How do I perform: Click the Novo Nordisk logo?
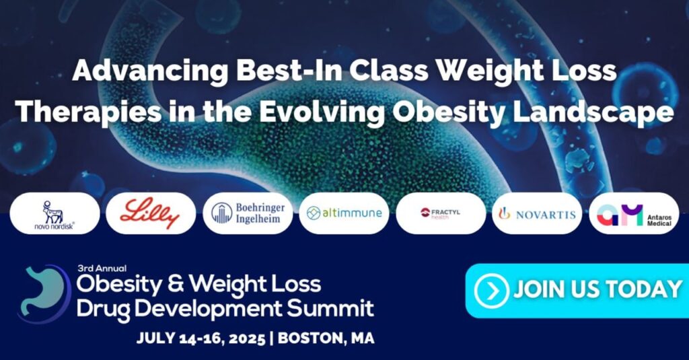[x=55, y=215]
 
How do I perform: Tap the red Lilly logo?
[x=150, y=213]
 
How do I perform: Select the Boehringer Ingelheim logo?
[x=248, y=213]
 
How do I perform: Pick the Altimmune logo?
[x=344, y=213]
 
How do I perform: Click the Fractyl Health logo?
[x=440, y=213]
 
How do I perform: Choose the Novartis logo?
[x=537, y=213]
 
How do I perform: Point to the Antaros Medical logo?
[x=634, y=215]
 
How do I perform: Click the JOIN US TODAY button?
[x=577, y=291]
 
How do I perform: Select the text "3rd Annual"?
[x=102, y=268]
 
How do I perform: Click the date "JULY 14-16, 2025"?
[x=201, y=338]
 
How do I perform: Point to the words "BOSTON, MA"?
[x=326, y=338]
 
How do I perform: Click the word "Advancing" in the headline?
[x=150, y=71]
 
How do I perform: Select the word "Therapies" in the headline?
[x=88, y=112]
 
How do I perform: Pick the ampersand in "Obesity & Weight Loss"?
[x=176, y=285]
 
